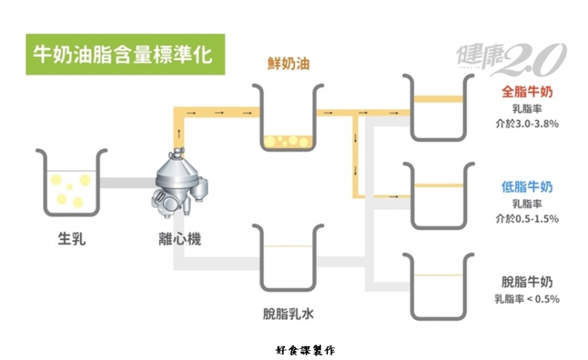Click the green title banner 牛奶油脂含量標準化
pos(123,53)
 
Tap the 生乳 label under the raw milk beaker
pos(72,239)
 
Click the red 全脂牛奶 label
pos(527,93)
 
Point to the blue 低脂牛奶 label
pos(527,187)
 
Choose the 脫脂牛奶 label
pos(527,282)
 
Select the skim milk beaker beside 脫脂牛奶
pos(438,286)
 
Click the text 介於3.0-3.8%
pos(527,124)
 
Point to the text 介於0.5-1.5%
pos(527,219)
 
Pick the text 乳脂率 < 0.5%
pos(527,299)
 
